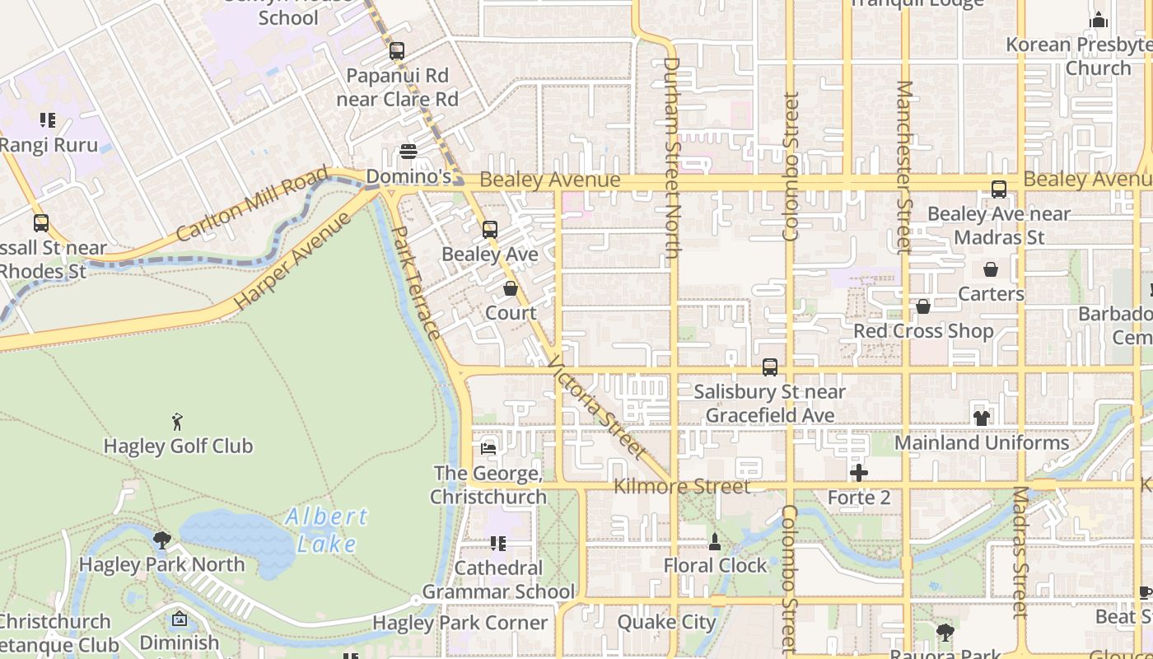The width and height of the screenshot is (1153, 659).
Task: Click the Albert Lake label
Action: tap(327, 530)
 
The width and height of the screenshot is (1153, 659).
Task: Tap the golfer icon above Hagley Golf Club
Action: tap(177, 423)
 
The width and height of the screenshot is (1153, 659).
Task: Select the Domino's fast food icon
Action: tap(408, 152)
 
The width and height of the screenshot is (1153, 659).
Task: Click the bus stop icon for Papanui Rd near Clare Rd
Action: tap(397, 51)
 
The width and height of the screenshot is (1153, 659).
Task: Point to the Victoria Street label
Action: tap(594, 407)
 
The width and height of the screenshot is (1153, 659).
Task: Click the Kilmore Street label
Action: tap(682, 486)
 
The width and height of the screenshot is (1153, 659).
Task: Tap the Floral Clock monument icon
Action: tap(715, 542)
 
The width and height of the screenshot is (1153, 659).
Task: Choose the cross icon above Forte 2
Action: tap(859, 473)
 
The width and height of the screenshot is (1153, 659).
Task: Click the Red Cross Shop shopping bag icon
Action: tap(923, 306)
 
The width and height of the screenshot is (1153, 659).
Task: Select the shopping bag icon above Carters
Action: tap(991, 269)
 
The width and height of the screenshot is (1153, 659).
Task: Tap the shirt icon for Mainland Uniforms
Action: tap(981, 418)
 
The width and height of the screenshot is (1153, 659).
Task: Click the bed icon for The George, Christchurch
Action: tap(488, 449)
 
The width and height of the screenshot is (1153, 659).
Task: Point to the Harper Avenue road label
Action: tap(292, 262)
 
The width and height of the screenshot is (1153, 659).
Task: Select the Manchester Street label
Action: tap(904, 166)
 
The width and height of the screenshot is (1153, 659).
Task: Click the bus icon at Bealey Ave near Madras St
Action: tap(999, 189)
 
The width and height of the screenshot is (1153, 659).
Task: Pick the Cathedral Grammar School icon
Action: tap(497, 544)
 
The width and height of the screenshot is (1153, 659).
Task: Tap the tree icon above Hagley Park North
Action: tap(161, 540)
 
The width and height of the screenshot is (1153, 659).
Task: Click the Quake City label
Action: tap(666, 622)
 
